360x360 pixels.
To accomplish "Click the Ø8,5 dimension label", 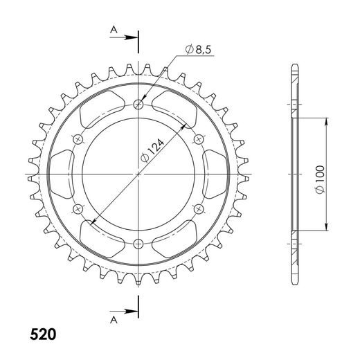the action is click(198, 50).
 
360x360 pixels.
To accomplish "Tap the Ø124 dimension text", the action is click(152, 150).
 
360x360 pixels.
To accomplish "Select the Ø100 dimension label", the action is click(321, 179).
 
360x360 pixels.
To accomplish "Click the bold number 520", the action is click(43, 334).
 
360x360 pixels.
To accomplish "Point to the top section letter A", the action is click(114, 30).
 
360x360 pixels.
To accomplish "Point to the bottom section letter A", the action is click(114, 320).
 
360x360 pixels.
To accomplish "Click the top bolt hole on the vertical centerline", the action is click(138, 105).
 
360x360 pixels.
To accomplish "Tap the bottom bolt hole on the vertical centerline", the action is click(138, 244).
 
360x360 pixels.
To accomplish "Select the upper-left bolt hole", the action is click(78, 139).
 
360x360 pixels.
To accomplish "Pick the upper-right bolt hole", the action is click(199, 139).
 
